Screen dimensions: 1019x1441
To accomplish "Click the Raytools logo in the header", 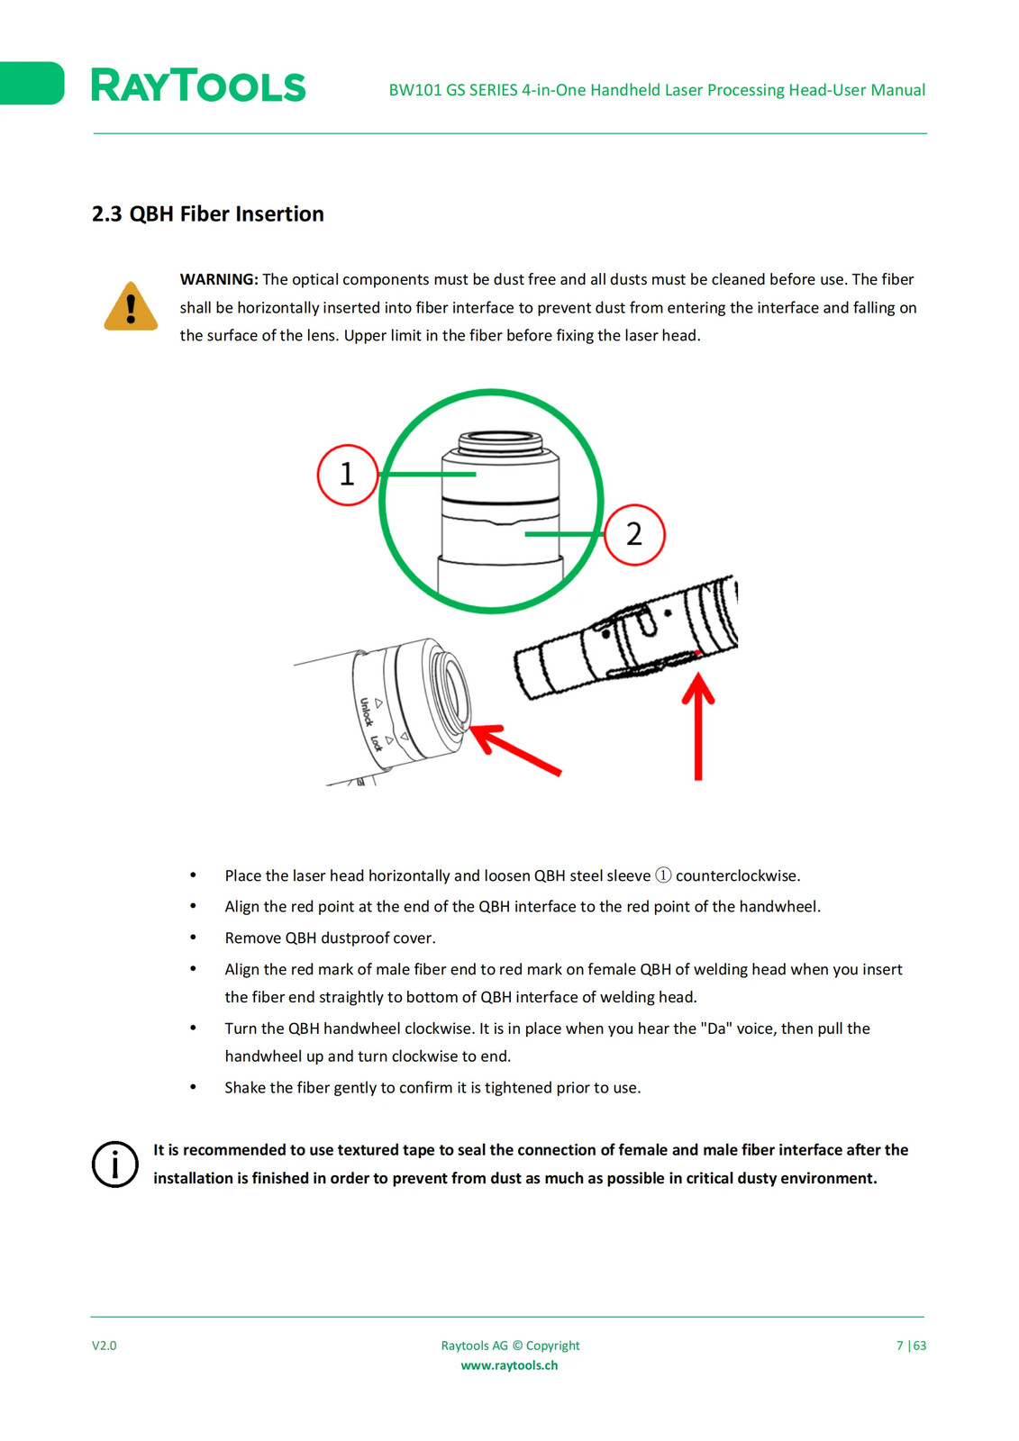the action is pyautogui.click(x=198, y=85).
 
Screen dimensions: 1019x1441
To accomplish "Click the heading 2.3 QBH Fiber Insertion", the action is pyautogui.click(x=207, y=213).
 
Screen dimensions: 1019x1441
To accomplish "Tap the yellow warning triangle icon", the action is pyautogui.click(x=131, y=306).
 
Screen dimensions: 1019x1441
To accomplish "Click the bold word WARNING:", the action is pyautogui.click(x=219, y=279).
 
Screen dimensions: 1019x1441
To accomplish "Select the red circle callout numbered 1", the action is pyautogui.click(x=348, y=475).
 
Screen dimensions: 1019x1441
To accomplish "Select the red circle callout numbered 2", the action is pyautogui.click(x=634, y=534).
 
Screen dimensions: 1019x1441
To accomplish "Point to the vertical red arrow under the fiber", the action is pyautogui.click(x=698, y=726).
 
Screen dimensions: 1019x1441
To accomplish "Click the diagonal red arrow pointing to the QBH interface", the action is pyautogui.click(x=515, y=748).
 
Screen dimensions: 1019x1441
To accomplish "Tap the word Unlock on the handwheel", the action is pyautogui.click(x=366, y=711).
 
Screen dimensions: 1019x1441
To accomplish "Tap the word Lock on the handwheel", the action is pyautogui.click(x=377, y=742).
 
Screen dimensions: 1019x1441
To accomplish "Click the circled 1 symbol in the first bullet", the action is pyautogui.click(x=663, y=875).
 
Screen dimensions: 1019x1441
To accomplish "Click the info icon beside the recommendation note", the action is pyautogui.click(x=114, y=1165).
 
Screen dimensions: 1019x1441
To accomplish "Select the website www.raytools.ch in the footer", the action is pyautogui.click(x=509, y=1365).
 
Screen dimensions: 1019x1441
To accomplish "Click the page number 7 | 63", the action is pyautogui.click(x=911, y=1346).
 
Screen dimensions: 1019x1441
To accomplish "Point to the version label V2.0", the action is pyautogui.click(x=105, y=1346).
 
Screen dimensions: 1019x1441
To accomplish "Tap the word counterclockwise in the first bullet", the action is pyautogui.click(x=738, y=875).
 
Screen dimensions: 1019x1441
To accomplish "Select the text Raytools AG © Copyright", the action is pyautogui.click(x=510, y=1346).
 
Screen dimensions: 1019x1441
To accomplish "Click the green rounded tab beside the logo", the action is pyautogui.click(x=32, y=83).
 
